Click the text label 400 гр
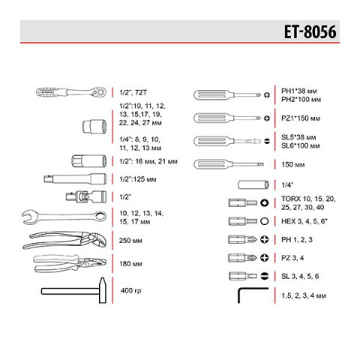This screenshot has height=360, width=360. [131, 290]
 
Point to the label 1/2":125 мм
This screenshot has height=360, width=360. [139, 178]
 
